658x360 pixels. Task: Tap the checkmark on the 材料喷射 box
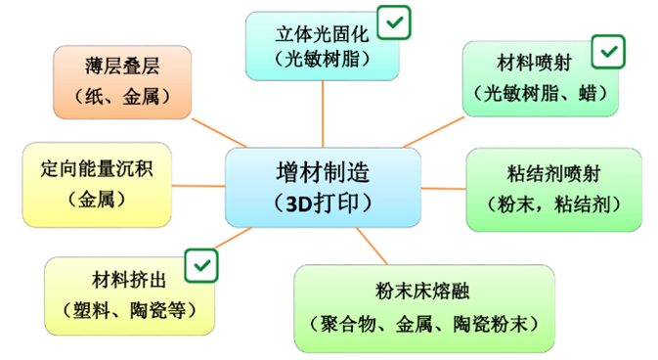tap(608, 50)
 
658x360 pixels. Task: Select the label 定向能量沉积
tap(99, 168)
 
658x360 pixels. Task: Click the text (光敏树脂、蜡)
tap(541, 94)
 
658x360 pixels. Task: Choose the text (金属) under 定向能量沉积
tap(99, 199)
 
